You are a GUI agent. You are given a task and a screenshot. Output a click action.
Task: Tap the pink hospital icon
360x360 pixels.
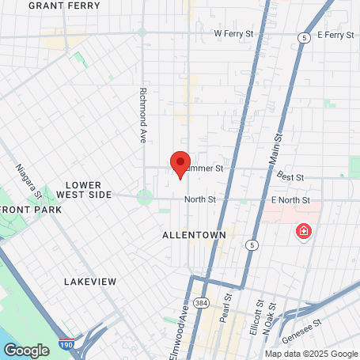tap(302, 232)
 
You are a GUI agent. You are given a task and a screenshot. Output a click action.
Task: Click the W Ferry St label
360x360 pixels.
tap(234, 35)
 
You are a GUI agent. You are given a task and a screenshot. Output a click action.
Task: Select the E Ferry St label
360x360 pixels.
tap(335, 35)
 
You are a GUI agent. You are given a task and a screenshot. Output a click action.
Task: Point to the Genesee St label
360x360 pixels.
tap(308, 326)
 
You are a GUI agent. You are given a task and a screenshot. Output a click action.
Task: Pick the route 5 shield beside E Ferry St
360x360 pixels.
tap(304, 37)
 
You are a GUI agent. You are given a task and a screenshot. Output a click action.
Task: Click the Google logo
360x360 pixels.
tap(27, 350)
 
